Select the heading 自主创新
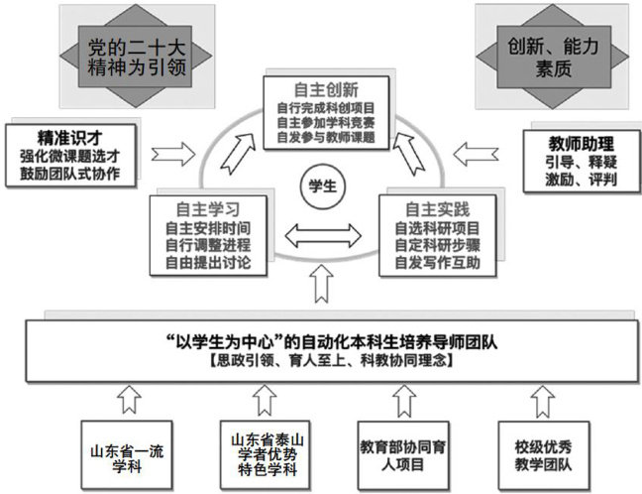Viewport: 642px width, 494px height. pos(321,87)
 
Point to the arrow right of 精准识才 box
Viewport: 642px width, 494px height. pos(175,154)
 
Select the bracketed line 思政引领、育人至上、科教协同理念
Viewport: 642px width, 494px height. pos(321,364)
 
